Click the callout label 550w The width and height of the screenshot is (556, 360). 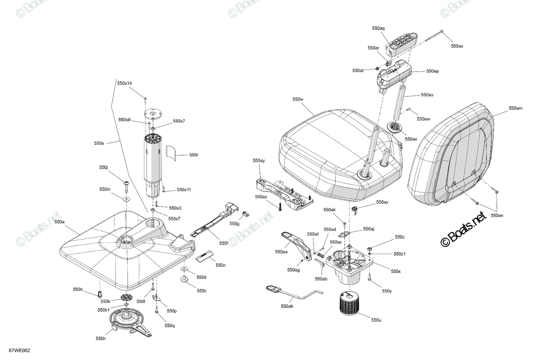[x=298, y=99]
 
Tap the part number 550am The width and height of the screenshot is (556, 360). [x=516, y=108]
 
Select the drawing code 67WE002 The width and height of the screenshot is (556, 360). [x=19, y=351]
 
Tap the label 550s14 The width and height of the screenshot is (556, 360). [x=125, y=83]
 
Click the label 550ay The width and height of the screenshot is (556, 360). [x=259, y=161]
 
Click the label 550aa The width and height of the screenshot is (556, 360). [x=281, y=252]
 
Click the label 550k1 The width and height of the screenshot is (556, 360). [x=104, y=310]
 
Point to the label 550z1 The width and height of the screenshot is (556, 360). [x=399, y=254]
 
